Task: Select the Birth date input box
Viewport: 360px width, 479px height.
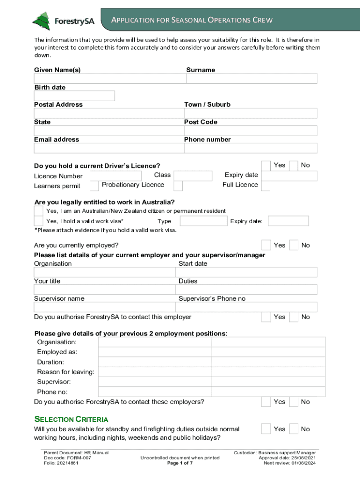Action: [x=74, y=96]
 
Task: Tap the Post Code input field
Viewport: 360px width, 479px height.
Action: [x=251, y=131]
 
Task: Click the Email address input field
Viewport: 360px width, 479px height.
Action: [x=108, y=148]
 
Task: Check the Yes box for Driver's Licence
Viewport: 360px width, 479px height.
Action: [x=266, y=166]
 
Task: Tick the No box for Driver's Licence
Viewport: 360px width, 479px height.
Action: [x=294, y=166]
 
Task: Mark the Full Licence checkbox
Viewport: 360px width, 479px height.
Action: [x=266, y=186]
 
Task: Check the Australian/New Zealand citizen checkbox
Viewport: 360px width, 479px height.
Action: [x=38, y=211]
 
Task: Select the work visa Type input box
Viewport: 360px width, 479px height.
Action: [x=203, y=221]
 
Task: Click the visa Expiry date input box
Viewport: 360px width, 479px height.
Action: [x=288, y=221]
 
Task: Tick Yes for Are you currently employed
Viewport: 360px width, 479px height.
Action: [x=266, y=245]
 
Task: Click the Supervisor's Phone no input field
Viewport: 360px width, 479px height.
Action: [x=246, y=307]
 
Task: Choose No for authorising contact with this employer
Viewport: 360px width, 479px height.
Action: [x=294, y=317]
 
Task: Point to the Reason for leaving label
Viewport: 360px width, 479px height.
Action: [x=65, y=372]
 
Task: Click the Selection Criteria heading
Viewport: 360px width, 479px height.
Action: [x=71, y=419]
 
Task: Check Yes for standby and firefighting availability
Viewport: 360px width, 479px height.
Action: [x=266, y=429]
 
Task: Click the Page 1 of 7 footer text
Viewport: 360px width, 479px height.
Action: [x=180, y=463]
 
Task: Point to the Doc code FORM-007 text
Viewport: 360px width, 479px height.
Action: [x=67, y=458]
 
